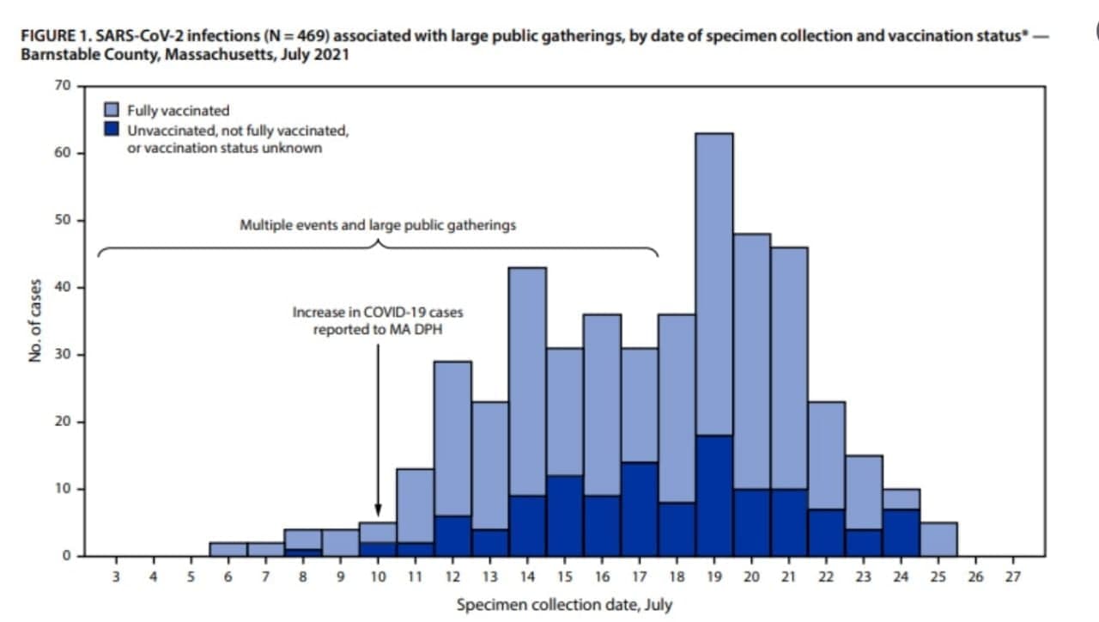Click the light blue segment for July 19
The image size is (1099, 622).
click(714, 284)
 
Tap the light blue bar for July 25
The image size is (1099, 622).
click(938, 540)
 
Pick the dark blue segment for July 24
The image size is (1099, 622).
click(901, 533)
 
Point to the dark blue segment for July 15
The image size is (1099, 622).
click(565, 515)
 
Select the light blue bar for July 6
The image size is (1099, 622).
click(228, 549)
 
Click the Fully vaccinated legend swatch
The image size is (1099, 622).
click(111, 110)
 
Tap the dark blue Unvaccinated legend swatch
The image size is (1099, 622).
click(111, 131)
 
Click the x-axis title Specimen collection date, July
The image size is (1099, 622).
click(564, 605)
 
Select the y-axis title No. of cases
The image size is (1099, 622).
click(35, 320)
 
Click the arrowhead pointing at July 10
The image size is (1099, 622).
click(378, 510)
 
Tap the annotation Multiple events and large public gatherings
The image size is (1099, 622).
click(378, 225)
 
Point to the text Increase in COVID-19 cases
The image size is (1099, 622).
click(378, 314)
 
